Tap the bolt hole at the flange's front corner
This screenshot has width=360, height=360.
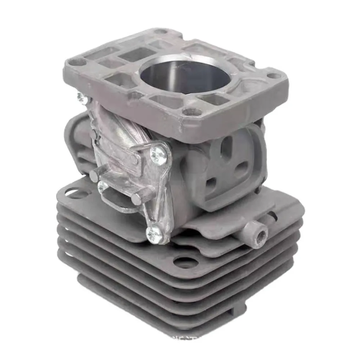[188, 112]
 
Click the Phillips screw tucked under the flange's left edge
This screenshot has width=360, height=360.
[81, 96]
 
